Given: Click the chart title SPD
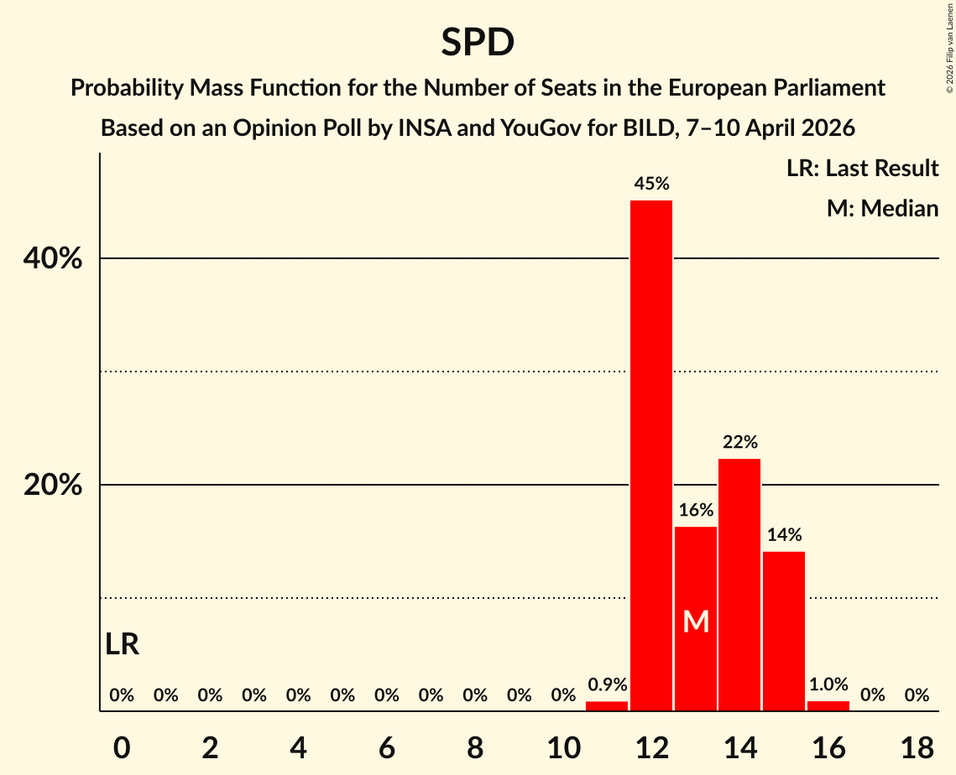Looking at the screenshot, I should coord(478,43).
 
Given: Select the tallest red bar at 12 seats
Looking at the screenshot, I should coord(651,455).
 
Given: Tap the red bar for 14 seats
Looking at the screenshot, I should coord(739,585).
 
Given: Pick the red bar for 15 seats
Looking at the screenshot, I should coord(784,631).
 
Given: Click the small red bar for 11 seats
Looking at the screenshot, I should coord(607,706).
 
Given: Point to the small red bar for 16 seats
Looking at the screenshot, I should coord(828,706).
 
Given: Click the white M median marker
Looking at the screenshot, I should coord(696,622).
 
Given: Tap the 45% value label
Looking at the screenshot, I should coord(651,184).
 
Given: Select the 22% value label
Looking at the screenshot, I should coord(739,442).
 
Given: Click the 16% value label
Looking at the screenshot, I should coord(696,510).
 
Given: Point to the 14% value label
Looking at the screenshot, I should coord(784,535).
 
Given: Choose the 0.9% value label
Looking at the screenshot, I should coord(607,685).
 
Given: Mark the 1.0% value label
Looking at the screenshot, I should coord(828,685).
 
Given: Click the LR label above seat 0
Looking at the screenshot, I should coord(123,644).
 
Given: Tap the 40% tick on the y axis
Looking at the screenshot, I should coord(53,259).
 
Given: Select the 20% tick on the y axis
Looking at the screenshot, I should coord(53,486).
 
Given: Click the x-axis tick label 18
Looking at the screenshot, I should coord(917,747).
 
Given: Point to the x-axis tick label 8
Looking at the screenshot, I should coord(475,747).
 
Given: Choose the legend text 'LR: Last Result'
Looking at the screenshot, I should coord(862,169).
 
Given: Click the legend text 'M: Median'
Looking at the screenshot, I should coord(882,208).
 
